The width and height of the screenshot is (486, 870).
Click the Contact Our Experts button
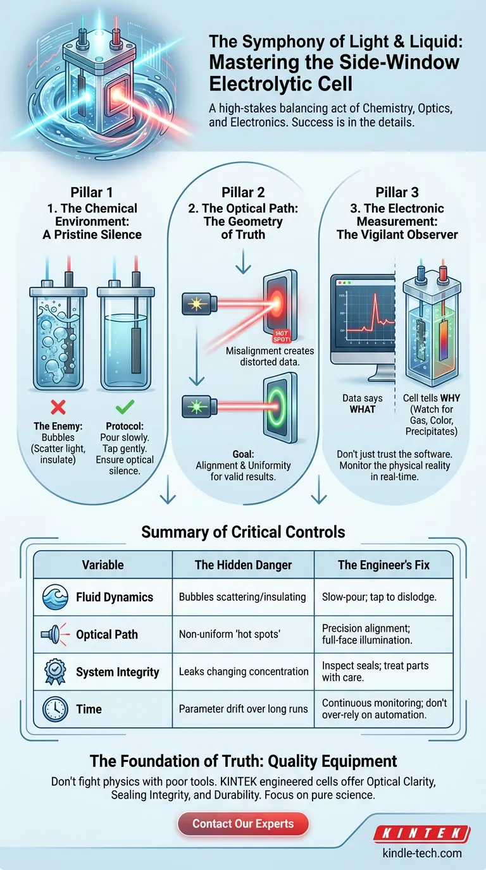tap(244, 824)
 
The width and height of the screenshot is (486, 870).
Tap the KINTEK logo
tap(421, 833)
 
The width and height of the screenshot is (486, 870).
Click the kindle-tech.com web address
tap(422, 853)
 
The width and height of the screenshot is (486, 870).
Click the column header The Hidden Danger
tap(244, 565)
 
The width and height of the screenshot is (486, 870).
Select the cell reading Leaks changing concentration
tap(244, 672)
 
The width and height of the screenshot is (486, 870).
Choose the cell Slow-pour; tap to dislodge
tap(383, 596)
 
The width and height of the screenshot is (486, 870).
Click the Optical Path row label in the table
tap(107, 634)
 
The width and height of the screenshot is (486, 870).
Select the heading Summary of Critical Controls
tap(243, 531)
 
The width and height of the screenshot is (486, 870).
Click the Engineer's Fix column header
tap(383, 565)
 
